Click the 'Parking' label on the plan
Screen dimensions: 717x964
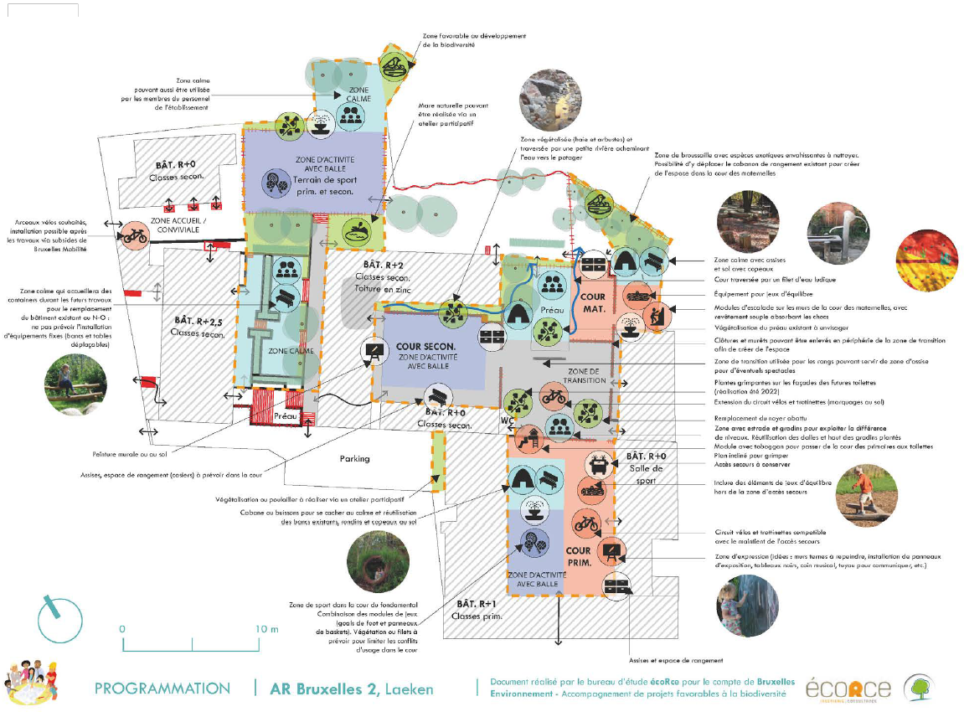click(354, 459)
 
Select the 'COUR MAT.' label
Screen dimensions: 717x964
click(592, 302)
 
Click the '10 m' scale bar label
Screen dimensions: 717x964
click(267, 628)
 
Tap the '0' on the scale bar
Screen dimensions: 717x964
click(122, 628)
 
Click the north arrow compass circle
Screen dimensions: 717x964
click(61, 616)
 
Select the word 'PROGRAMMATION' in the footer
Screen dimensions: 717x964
click(162, 689)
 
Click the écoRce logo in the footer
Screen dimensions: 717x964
click(848, 689)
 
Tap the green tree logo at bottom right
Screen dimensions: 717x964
click(920, 688)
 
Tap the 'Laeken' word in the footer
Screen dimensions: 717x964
click(410, 689)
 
